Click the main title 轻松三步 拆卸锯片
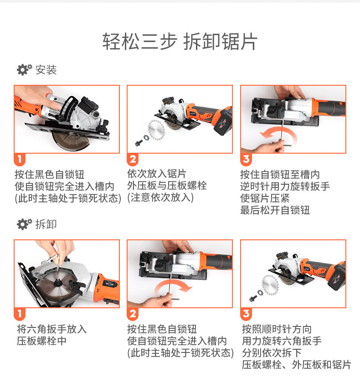pos(180,41)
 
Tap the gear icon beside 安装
pos(25,70)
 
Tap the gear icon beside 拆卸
pos(25,224)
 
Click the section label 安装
pos(46,70)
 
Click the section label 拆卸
pos(46,224)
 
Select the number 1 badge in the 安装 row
pos(20,160)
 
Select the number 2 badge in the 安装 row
pos(133,160)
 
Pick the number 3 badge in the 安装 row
pos(246,160)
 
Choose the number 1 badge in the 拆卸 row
pos(20,314)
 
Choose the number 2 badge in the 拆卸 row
pos(133,314)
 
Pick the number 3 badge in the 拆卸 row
pos(246,314)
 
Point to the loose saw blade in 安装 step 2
pos(156,130)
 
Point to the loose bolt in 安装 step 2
pos(139,143)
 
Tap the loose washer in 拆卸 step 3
pos(260,292)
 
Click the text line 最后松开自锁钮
pos(275,210)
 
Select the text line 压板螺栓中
pos(41,341)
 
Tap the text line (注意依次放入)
pos(160,197)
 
